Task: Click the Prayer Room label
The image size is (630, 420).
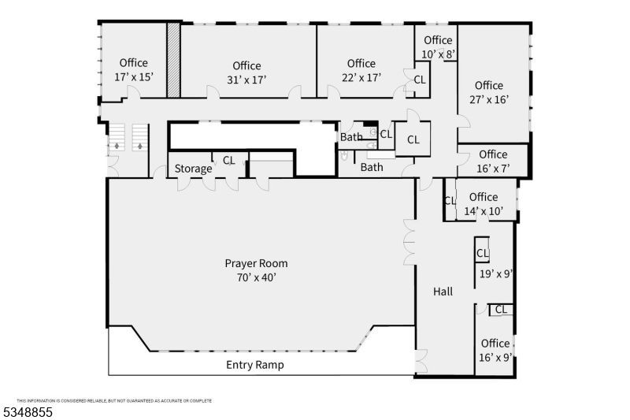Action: coord(256,263)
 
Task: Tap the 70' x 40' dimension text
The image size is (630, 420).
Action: coord(256,277)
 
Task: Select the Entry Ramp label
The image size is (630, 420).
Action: coord(254,365)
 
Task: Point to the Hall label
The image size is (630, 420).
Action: coord(443,292)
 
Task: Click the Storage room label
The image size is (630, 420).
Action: coord(193,169)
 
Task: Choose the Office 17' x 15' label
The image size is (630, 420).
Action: coord(134,70)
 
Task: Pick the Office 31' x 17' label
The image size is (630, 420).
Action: coord(246,72)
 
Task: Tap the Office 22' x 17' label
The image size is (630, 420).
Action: coord(361,70)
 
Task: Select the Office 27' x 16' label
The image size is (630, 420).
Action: coord(488,92)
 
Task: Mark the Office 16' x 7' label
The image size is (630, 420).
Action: coord(493,161)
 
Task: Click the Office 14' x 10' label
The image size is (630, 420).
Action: coord(483,204)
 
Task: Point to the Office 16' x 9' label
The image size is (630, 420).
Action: coord(495,350)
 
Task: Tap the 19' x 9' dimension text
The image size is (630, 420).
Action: coord(496,275)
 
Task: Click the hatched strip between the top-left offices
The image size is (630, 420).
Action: coord(173,61)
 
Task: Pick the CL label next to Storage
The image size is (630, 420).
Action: coord(228,160)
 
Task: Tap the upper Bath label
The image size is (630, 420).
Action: coord(351,137)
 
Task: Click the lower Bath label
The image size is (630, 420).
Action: coord(372,167)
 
